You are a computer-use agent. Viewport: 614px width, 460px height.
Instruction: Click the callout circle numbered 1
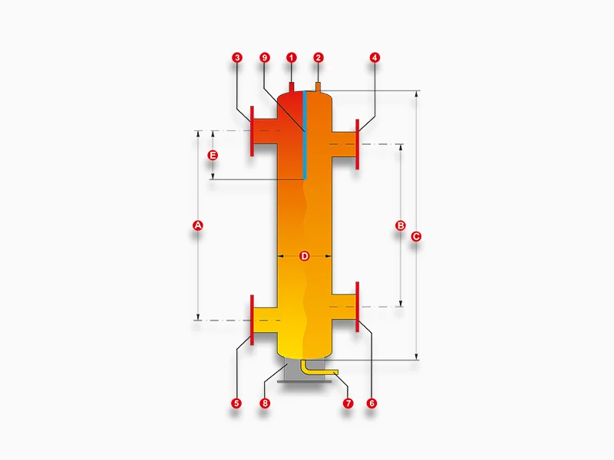292,58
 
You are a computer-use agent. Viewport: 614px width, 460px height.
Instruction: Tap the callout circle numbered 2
319,58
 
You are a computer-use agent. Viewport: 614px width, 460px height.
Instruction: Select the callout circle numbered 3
237,58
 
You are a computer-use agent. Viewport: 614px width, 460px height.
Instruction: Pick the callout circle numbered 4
375,58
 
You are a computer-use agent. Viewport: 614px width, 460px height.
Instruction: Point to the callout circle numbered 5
236,403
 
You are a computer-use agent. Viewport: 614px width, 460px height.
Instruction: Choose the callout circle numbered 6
371,403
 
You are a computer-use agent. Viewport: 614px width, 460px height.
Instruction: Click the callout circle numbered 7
348,403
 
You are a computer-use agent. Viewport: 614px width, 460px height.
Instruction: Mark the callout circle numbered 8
265,403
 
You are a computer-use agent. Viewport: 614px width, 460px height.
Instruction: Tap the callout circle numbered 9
265,58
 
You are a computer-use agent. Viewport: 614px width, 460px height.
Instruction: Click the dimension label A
198,225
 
